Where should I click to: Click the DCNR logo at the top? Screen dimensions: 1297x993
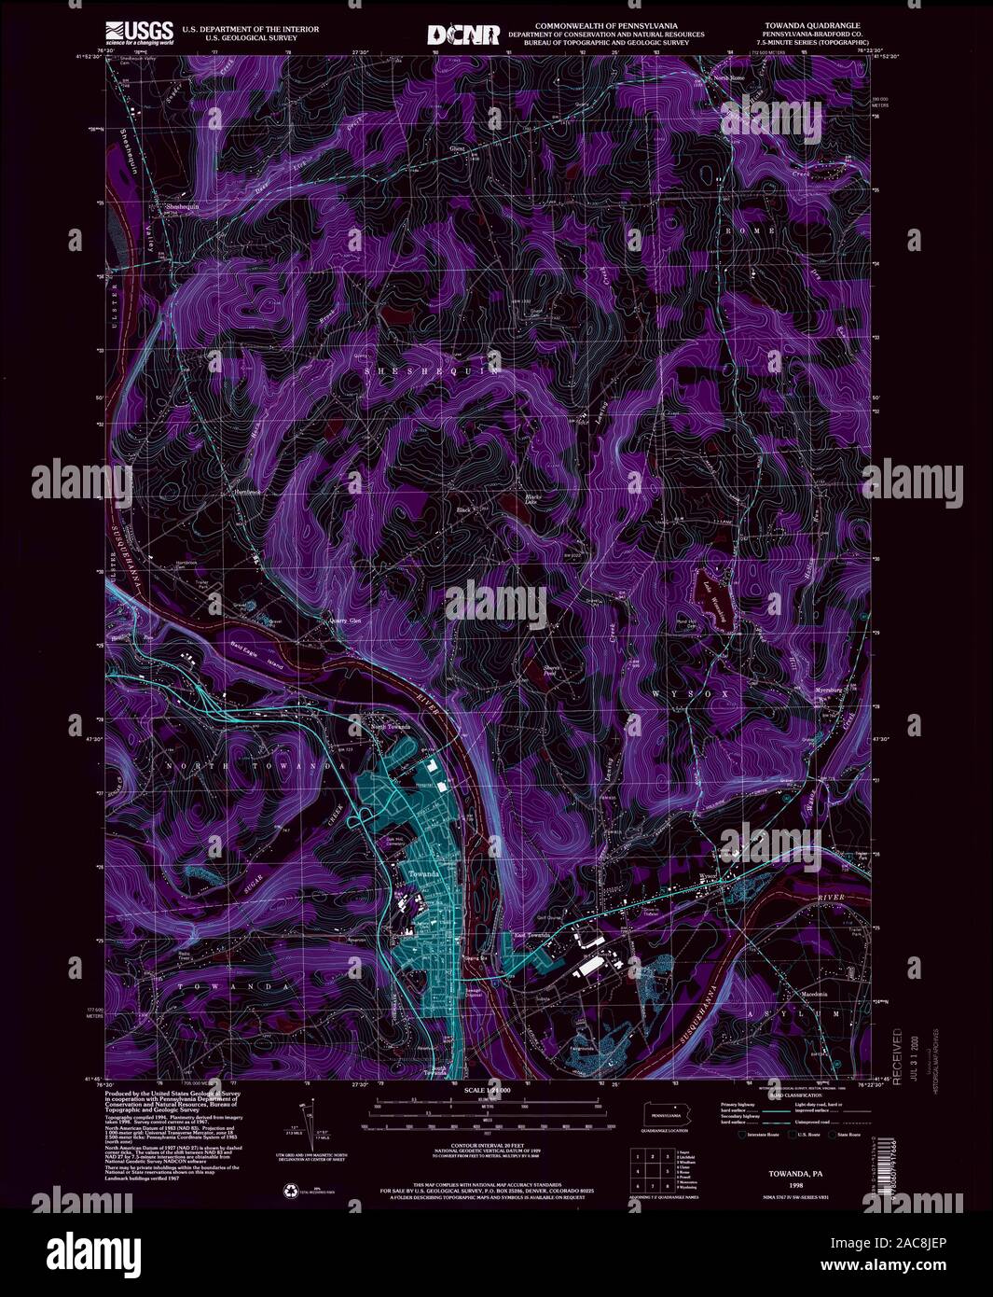(x=462, y=35)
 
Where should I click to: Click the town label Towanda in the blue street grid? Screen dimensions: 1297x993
(x=422, y=873)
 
